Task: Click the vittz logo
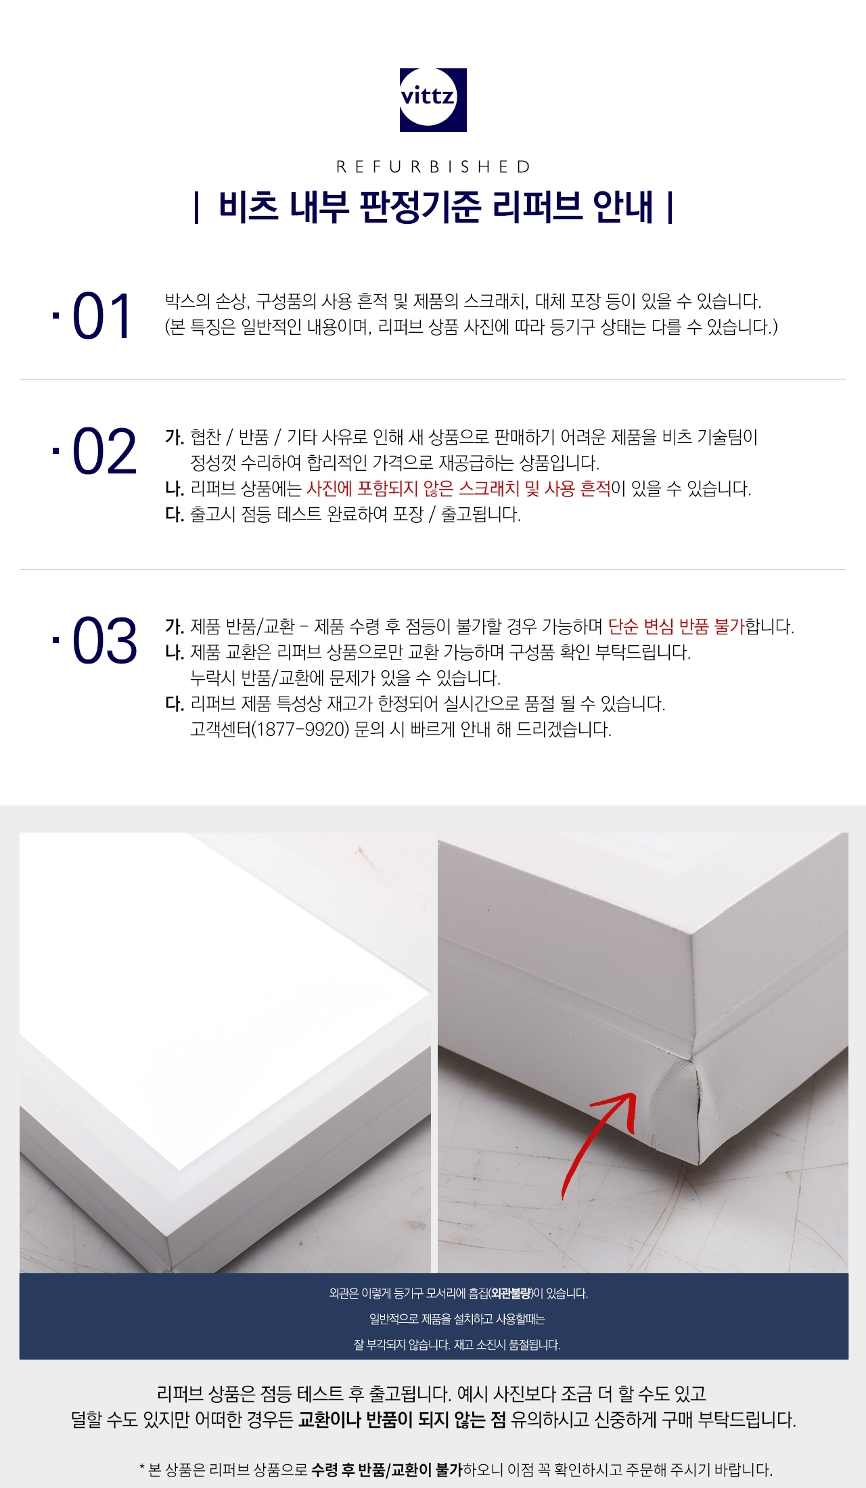[x=433, y=99]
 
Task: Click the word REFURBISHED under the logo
[x=434, y=167]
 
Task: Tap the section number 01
[x=101, y=316]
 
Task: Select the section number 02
[x=104, y=451]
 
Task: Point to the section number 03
[x=104, y=641]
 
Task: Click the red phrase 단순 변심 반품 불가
[x=676, y=626]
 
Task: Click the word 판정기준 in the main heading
[x=420, y=206]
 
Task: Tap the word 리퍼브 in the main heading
[x=537, y=206]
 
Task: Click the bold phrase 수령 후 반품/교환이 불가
[x=387, y=1469]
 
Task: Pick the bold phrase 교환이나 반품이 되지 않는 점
[x=402, y=1419]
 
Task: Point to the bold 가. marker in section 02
[x=175, y=437]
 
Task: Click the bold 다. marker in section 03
[x=175, y=703]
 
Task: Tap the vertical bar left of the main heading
[x=196, y=207]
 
